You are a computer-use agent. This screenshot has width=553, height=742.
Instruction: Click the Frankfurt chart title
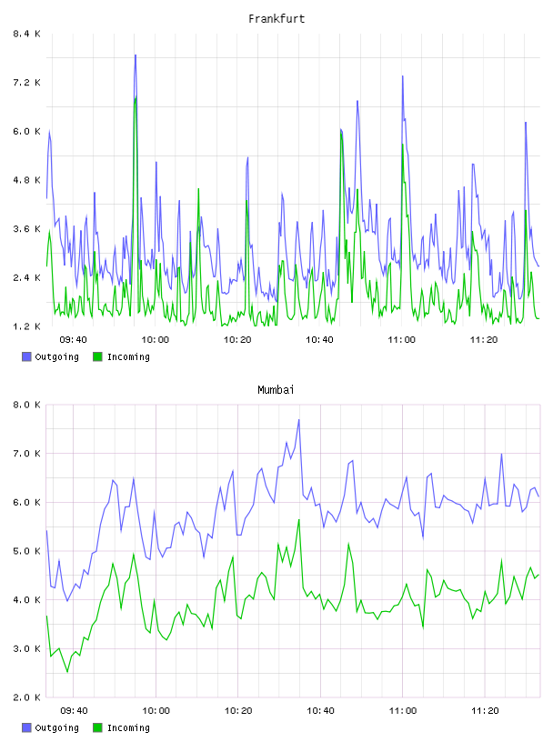(x=276, y=19)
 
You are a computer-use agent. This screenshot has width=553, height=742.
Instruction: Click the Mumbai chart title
(x=276, y=390)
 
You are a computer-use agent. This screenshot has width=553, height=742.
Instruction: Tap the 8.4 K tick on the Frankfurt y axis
(x=26, y=34)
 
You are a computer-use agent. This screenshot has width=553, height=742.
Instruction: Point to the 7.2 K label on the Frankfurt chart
(x=26, y=83)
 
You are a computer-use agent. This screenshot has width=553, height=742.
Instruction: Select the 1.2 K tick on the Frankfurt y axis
(x=26, y=326)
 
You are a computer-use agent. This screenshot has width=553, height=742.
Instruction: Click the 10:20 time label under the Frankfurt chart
(x=237, y=339)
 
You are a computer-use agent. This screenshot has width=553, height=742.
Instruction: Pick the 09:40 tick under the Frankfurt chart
(x=74, y=339)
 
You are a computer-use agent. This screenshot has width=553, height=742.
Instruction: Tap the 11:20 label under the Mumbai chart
(x=485, y=710)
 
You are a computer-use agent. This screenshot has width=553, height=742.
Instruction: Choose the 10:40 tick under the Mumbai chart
(x=320, y=710)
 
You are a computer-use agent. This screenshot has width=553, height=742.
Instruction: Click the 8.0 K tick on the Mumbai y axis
(x=26, y=405)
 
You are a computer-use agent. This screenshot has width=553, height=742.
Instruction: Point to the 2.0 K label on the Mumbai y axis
(x=26, y=697)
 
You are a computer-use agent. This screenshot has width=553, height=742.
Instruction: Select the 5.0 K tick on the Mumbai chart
(x=26, y=551)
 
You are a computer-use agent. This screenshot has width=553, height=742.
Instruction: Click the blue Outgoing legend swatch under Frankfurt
(x=26, y=356)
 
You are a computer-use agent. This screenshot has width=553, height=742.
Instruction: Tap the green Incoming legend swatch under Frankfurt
(x=97, y=356)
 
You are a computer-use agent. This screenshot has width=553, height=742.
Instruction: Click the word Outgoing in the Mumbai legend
(x=56, y=727)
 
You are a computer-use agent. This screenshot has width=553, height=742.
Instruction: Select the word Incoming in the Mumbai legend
(x=128, y=727)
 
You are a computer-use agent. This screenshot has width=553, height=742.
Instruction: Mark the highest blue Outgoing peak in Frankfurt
(x=136, y=55)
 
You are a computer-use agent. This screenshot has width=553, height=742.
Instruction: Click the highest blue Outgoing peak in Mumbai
(x=298, y=420)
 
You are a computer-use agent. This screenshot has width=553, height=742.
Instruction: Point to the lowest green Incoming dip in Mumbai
(x=67, y=671)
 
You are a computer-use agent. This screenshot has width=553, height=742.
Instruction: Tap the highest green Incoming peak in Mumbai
(x=299, y=519)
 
